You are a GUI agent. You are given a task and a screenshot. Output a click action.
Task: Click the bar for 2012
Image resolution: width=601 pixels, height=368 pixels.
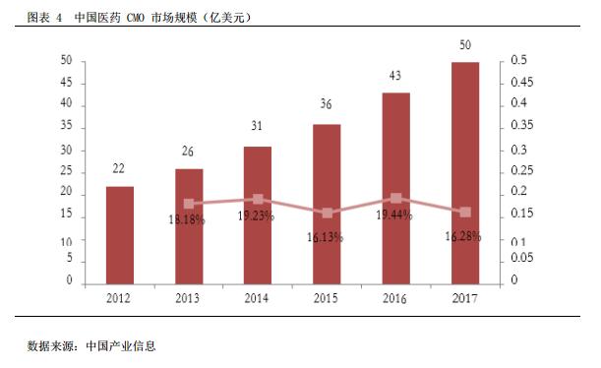point(120,234)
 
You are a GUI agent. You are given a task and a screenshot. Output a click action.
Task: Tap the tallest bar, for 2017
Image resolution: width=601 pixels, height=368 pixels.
point(464,172)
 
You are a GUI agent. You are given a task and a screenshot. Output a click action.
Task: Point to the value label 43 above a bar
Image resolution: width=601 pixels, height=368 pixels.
point(395,76)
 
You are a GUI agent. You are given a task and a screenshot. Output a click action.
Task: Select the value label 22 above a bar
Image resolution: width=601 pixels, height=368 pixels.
point(120,168)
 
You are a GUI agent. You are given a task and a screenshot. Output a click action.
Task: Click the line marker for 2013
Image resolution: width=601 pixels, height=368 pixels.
point(189,204)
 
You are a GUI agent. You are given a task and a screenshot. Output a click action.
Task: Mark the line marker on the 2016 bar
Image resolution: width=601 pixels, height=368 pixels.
point(395,199)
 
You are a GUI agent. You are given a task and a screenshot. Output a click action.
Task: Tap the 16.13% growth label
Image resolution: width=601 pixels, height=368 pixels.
point(327,237)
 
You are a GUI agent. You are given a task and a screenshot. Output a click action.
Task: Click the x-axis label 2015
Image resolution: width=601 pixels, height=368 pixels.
point(327,298)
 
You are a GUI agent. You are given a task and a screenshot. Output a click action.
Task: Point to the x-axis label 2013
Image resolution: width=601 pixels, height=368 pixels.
point(189,298)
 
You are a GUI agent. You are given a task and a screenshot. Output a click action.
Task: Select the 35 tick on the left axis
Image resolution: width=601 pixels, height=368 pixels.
point(67,127)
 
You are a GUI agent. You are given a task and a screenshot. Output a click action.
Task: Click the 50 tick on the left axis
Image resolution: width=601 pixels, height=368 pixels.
point(67,61)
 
